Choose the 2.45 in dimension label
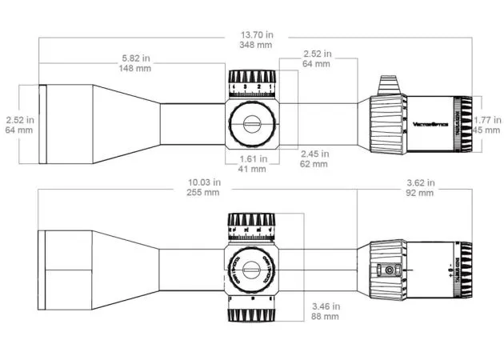pyautogui.click(x=314, y=154)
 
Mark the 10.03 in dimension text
pyautogui.click(x=202, y=183)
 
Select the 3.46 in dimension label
pyautogui.click(x=324, y=306)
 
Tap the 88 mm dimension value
pyautogui.click(x=324, y=317)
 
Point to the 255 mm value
pyautogui.click(x=202, y=193)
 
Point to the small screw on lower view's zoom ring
pyautogui.click(x=389, y=270)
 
